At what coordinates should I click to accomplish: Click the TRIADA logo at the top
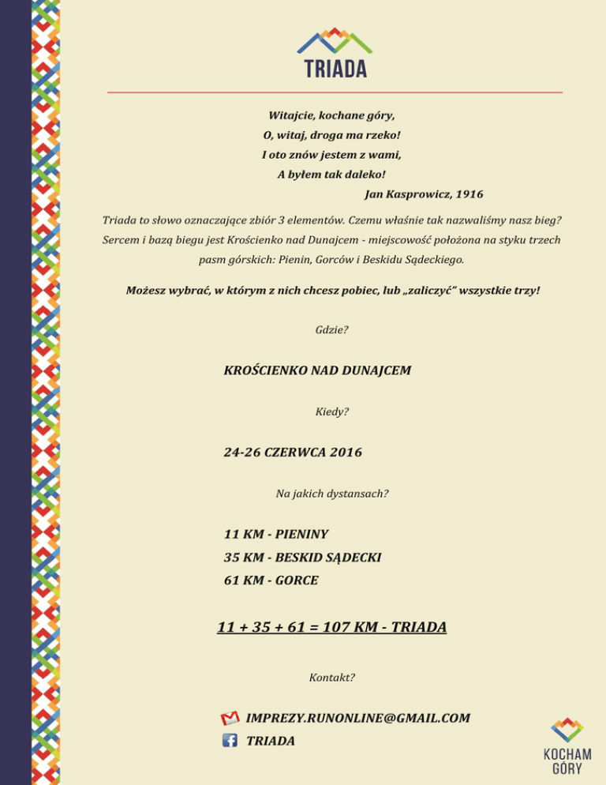coord(335,54)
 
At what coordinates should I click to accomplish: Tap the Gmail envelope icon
coord(230,718)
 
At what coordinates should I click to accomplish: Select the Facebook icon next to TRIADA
coord(230,741)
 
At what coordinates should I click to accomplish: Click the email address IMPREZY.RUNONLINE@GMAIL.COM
coord(358,718)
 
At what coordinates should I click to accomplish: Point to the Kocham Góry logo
coord(567,747)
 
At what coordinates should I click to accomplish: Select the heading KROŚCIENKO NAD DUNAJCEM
coord(317,370)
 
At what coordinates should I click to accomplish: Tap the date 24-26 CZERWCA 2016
coord(293,453)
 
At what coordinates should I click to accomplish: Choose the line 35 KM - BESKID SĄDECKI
coord(302,558)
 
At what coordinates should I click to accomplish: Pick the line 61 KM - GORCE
coord(271,580)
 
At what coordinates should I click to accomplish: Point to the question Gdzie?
coord(331,329)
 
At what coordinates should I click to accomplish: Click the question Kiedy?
coord(331,411)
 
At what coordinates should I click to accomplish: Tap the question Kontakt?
coord(331,678)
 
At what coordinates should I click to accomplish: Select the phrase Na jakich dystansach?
coord(331,494)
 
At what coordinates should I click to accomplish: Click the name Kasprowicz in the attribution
coord(413,193)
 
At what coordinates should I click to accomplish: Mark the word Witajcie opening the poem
coord(292,115)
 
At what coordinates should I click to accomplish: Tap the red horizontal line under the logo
coord(335,92)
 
